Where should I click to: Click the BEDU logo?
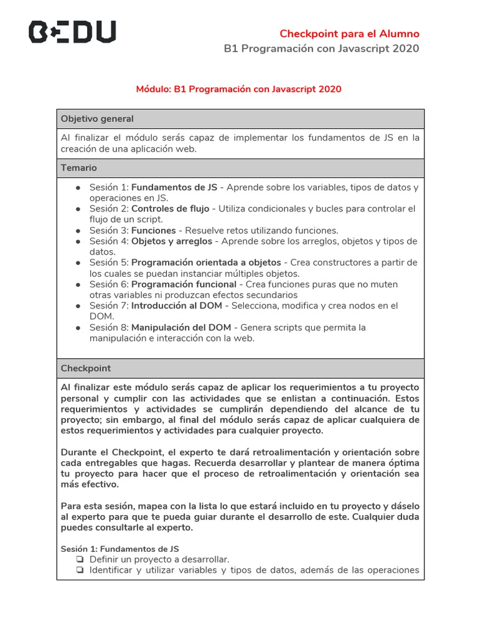pyautogui.click(x=72, y=32)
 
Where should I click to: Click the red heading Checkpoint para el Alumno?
pyautogui.click(x=349, y=34)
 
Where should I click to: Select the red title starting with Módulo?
pyautogui.click(x=238, y=89)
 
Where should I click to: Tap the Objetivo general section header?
pyautogui.click(x=97, y=119)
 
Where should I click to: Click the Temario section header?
pyautogui.click(x=79, y=168)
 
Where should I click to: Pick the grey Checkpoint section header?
pyautogui.click(x=86, y=368)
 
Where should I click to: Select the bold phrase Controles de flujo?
pyautogui.click(x=169, y=208)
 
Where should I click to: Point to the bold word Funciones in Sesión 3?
pyautogui.click(x=154, y=230)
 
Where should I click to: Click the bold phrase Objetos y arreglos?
pyautogui.click(x=172, y=241)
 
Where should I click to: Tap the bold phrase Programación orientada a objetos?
pyautogui.click(x=206, y=263)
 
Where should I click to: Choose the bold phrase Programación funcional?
pyautogui.click(x=185, y=284)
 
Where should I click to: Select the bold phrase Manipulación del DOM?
pyautogui.click(x=181, y=327)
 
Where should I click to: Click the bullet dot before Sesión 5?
pyautogui.click(x=78, y=263)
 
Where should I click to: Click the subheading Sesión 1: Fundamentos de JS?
pyautogui.click(x=119, y=549)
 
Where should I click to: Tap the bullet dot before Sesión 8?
pyautogui.click(x=78, y=328)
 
